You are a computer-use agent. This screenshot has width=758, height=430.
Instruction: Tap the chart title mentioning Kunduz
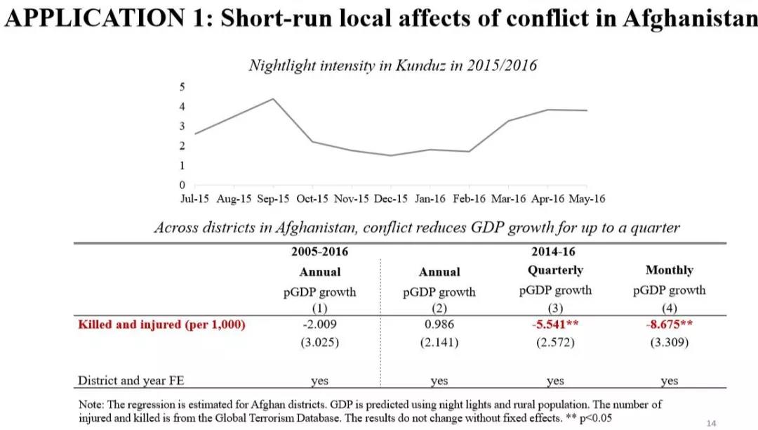pyautogui.click(x=392, y=65)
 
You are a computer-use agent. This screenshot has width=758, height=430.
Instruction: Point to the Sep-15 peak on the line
pyautogui.click(x=273, y=99)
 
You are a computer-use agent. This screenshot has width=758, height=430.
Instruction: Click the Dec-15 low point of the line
pyautogui.click(x=390, y=155)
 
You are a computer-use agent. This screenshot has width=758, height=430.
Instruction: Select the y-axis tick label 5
pyautogui.click(x=182, y=86)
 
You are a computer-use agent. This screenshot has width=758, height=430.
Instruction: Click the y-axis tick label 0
pyautogui.click(x=182, y=185)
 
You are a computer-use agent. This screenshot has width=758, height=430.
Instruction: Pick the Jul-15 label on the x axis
pyautogui.click(x=194, y=199)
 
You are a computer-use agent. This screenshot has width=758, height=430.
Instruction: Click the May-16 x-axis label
pyautogui.click(x=586, y=199)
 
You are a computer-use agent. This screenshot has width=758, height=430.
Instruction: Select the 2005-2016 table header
pyautogui.click(x=319, y=252)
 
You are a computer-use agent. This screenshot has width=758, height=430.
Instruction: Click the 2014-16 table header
pyautogui.click(x=555, y=252)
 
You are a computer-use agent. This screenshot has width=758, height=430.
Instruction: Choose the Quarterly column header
pyautogui.click(x=555, y=271)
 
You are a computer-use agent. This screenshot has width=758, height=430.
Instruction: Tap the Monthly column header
pyautogui.click(x=669, y=271)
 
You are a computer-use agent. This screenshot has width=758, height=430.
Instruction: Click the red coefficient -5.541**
pyautogui.click(x=555, y=324)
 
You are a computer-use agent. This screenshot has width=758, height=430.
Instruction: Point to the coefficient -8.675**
pyautogui.click(x=669, y=324)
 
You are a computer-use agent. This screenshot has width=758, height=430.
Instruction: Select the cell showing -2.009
pyautogui.click(x=319, y=324)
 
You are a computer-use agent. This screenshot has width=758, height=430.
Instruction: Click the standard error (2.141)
pyautogui.click(x=439, y=343)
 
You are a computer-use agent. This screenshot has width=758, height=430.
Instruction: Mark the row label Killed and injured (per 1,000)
pyautogui.click(x=161, y=324)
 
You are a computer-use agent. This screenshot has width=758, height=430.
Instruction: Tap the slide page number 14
pyautogui.click(x=712, y=423)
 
